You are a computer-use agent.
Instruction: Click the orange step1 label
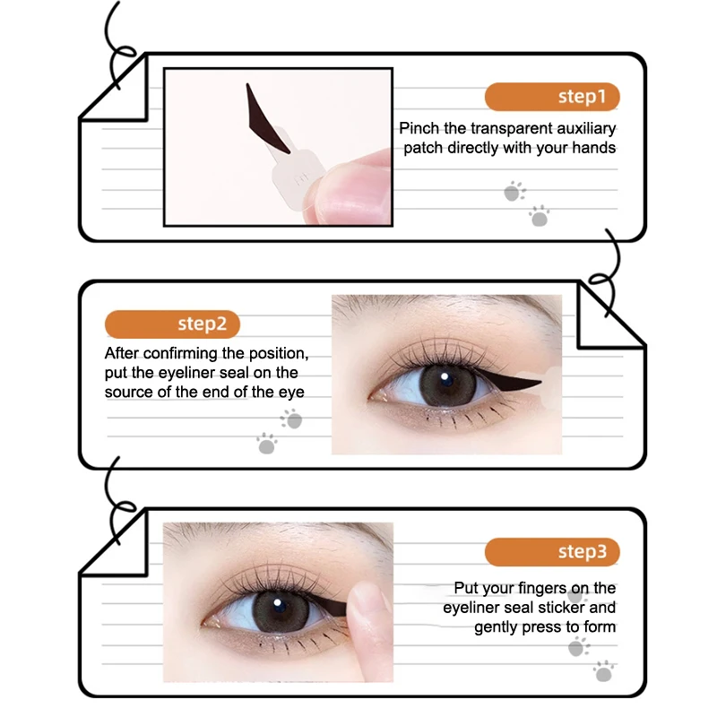(551, 97)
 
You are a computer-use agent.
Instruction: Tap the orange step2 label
(173, 324)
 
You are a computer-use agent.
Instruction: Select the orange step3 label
(551, 551)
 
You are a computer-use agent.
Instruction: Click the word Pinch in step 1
(419, 129)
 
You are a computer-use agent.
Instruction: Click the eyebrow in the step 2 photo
(430, 309)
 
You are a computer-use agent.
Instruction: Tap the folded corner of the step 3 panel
(112, 547)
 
